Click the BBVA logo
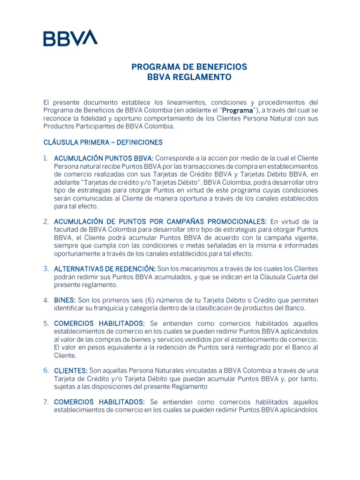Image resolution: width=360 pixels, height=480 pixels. (x=70, y=37)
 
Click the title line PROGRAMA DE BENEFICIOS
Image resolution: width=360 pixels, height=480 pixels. (x=189, y=67)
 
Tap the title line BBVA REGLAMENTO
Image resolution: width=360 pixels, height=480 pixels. (x=189, y=77)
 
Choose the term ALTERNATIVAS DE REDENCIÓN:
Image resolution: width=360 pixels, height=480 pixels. (x=105, y=269)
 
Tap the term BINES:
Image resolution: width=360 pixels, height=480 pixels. (x=65, y=300)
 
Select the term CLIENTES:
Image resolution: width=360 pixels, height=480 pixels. (x=71, y=371)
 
